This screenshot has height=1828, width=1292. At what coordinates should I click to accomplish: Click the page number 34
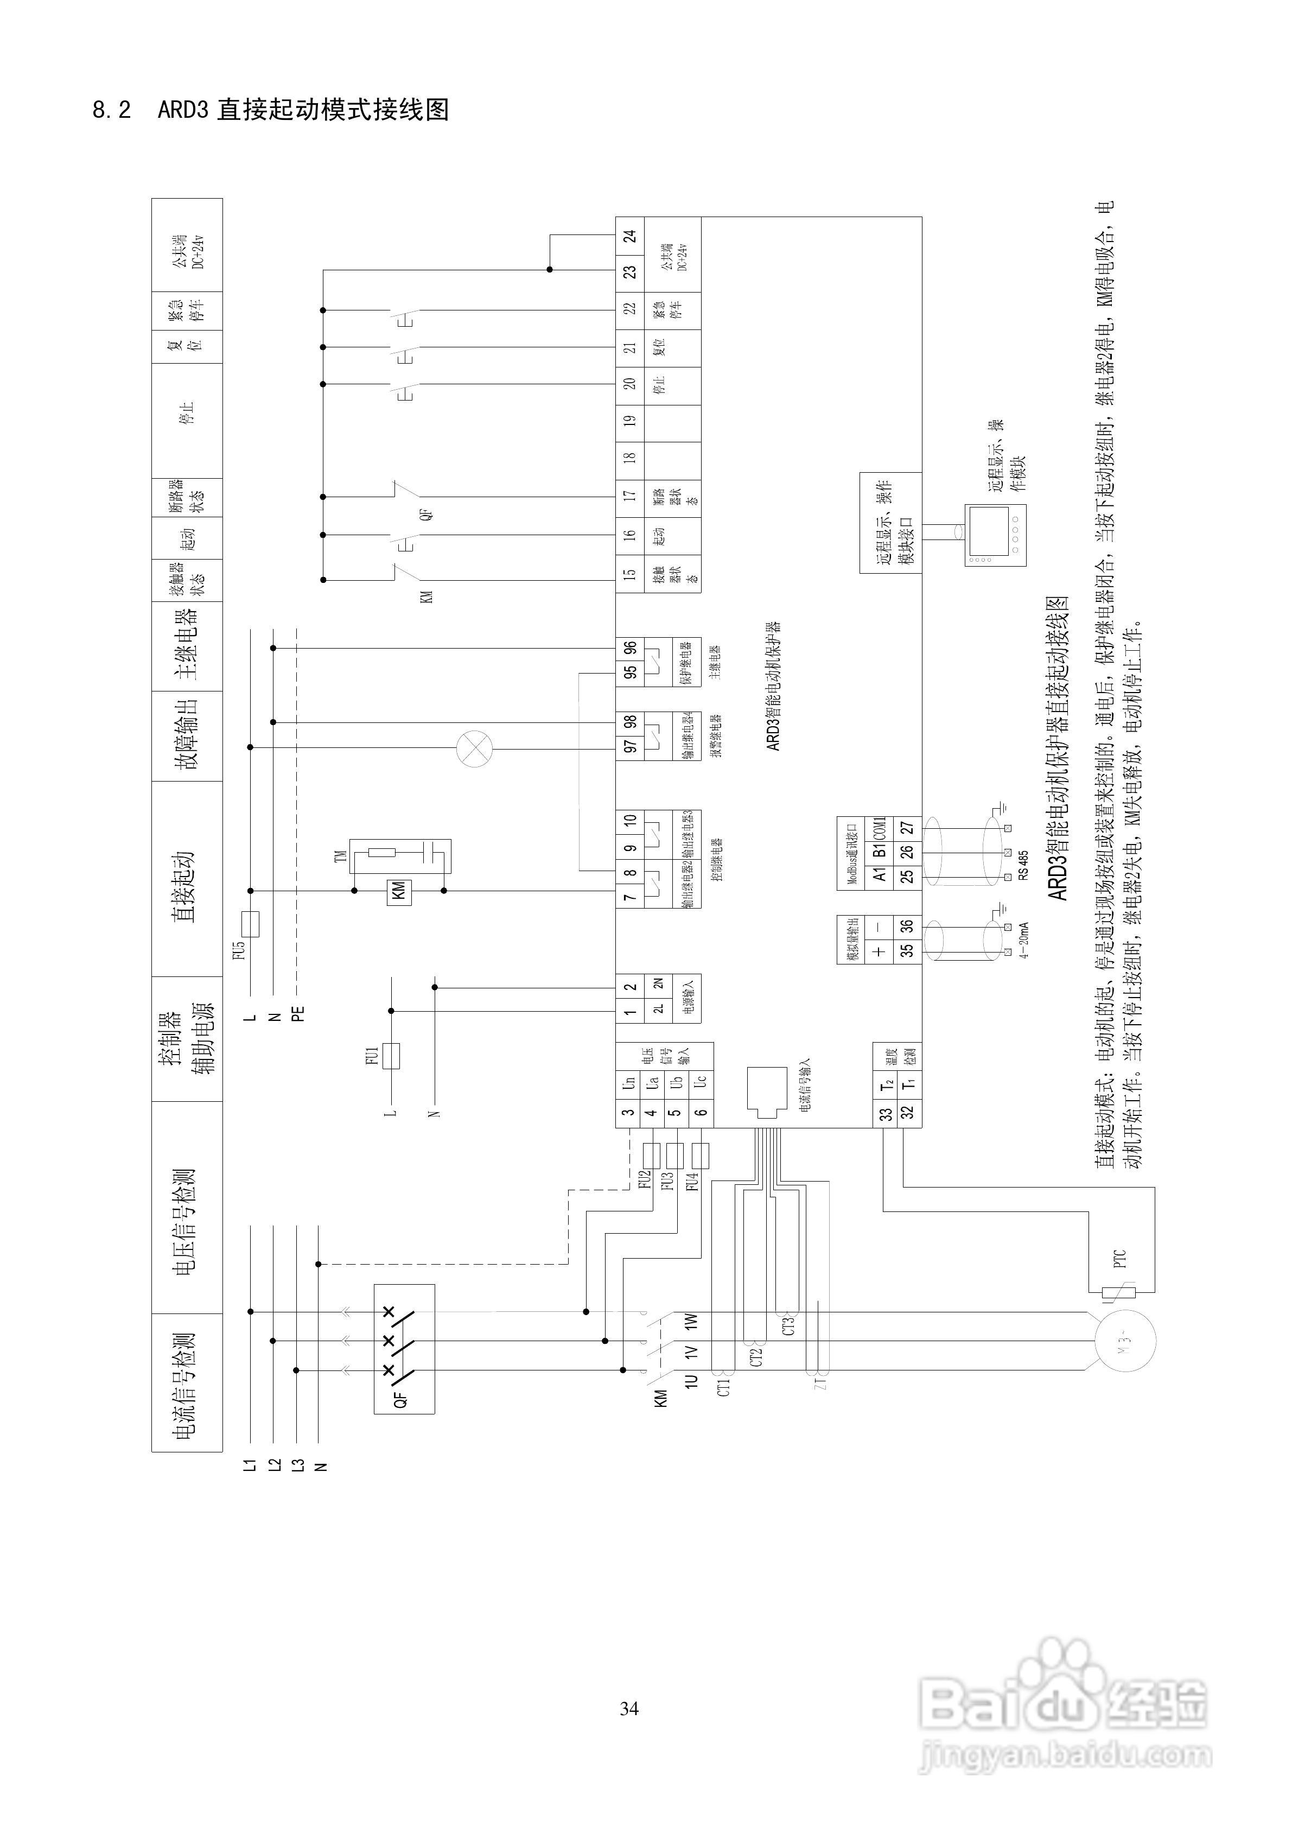629,1708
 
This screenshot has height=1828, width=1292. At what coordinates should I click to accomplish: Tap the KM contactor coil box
398,891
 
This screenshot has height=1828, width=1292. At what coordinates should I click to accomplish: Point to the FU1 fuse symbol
391,1056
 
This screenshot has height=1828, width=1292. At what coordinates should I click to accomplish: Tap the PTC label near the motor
1119,1259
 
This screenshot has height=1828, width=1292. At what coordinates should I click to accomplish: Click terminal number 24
629,237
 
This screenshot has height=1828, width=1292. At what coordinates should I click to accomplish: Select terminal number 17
629,495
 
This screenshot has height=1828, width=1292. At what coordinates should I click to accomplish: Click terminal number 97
629,746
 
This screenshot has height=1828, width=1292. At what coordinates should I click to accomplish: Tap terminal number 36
907,926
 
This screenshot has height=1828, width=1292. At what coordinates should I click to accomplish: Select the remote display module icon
995,535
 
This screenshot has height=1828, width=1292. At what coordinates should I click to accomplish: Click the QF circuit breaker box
404,1349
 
